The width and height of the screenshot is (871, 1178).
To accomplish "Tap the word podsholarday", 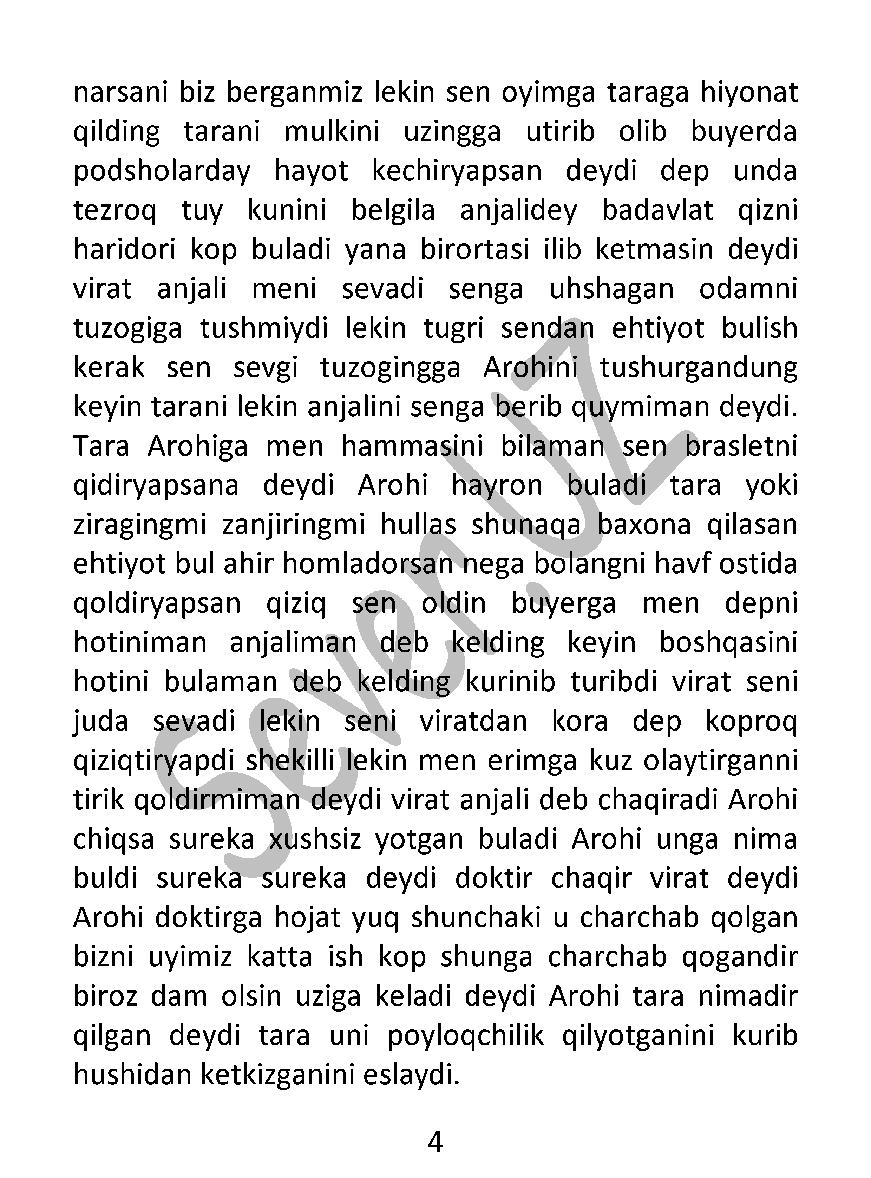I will (162, 171).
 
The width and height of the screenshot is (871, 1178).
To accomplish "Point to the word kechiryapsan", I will (457, 171).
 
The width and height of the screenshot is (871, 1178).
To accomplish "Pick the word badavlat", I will (657, 210).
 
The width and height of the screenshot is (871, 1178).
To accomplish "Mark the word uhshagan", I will (611, 289).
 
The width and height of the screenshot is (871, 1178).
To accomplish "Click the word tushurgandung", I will (699, 367).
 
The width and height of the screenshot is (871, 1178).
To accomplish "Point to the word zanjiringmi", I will (294, 525).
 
